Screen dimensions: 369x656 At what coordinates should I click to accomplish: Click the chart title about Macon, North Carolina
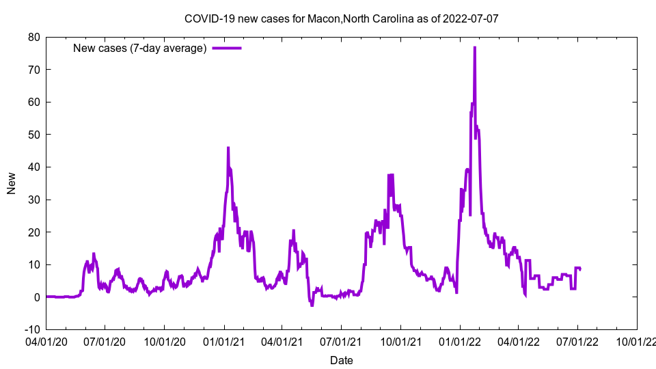[341, 18]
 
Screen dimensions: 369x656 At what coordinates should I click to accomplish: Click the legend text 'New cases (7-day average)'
[139, 48]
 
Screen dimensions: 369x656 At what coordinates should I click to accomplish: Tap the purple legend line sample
[227, 48]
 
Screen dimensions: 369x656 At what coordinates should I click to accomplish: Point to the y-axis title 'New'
[12, 182]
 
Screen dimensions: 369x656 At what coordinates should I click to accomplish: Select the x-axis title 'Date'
[341, 360]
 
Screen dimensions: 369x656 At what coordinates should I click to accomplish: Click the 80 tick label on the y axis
[33, 37]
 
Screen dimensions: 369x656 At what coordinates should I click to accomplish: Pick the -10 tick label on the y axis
[32, 329]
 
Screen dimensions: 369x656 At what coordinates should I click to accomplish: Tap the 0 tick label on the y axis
[37, 297]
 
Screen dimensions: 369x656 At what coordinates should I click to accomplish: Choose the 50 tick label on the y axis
[33, 135]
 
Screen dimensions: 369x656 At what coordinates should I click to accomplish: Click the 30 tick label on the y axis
[33, 200]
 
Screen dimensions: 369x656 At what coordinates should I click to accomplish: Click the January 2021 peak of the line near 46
[228, 148]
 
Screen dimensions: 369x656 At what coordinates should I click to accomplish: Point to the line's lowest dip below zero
[312, 305]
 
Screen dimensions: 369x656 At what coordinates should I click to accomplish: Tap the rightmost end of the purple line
[580, 269]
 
